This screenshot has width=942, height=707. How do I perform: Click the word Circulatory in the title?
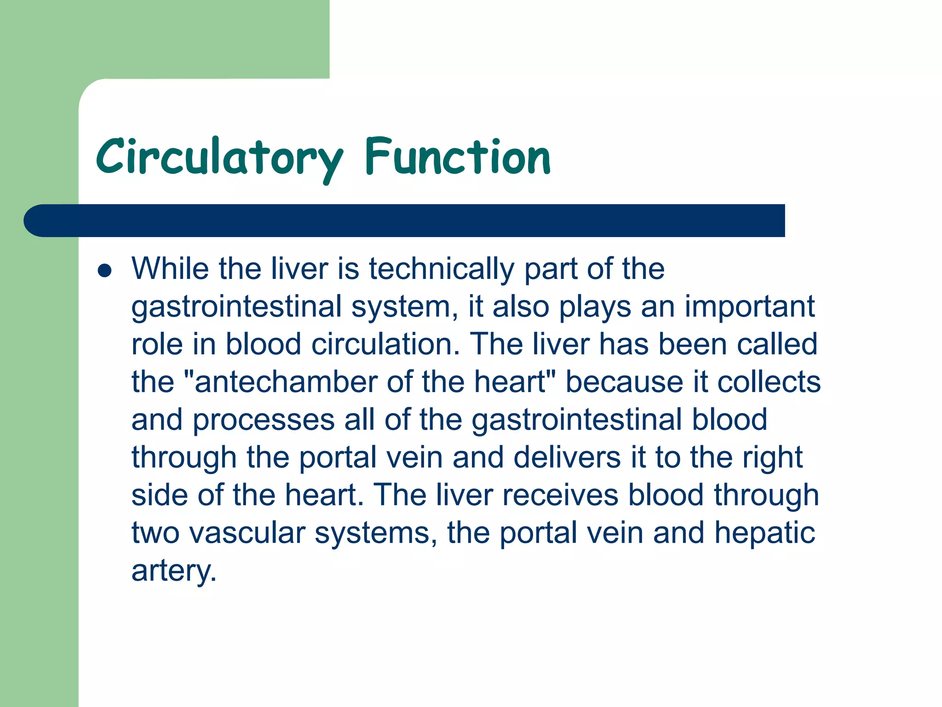tap(219, 158)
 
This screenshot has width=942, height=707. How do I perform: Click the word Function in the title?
tap(458, 158)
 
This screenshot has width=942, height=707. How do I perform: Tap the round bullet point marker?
tap(105, 271)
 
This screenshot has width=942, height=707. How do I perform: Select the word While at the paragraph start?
tap(170, 269)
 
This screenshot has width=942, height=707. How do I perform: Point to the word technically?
tap(442, 269)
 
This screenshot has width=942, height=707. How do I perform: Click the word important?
tap(749, 307)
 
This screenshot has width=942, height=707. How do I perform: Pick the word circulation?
tap(385, 344)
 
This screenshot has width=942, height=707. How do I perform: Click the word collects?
tap(769, 382)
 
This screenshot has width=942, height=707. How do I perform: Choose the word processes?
tap(263, 420)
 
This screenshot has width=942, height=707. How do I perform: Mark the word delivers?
tap(567, 458)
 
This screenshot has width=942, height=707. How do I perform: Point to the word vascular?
tap(247, 533)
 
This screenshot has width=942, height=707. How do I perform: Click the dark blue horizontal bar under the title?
tap(405, 220)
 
